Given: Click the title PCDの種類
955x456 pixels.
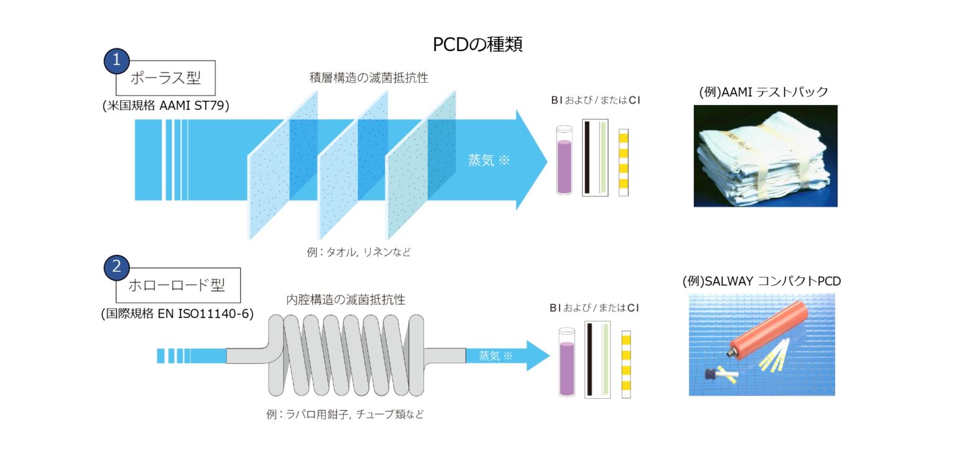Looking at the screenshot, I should (x=477, y=45).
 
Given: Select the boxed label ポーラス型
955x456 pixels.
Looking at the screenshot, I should (x=165, y=78).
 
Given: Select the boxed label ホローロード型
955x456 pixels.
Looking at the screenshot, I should (x=177, y=286).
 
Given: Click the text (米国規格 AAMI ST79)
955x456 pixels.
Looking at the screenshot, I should (x=166, y=105).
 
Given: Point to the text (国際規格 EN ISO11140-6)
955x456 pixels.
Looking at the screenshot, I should (x=177, y=314).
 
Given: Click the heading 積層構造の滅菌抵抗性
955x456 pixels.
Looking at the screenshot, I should (x=369, y=78).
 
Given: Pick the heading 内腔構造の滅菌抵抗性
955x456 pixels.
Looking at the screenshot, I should (x=346, y=299).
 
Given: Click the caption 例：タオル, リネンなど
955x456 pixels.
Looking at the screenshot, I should (x=358, y=253).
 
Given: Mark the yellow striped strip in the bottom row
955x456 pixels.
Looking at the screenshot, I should (x=626, y=364).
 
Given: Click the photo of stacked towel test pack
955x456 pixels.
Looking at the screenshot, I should (x=765, y=156).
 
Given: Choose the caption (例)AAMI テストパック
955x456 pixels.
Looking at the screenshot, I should (x=764, y=92).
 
